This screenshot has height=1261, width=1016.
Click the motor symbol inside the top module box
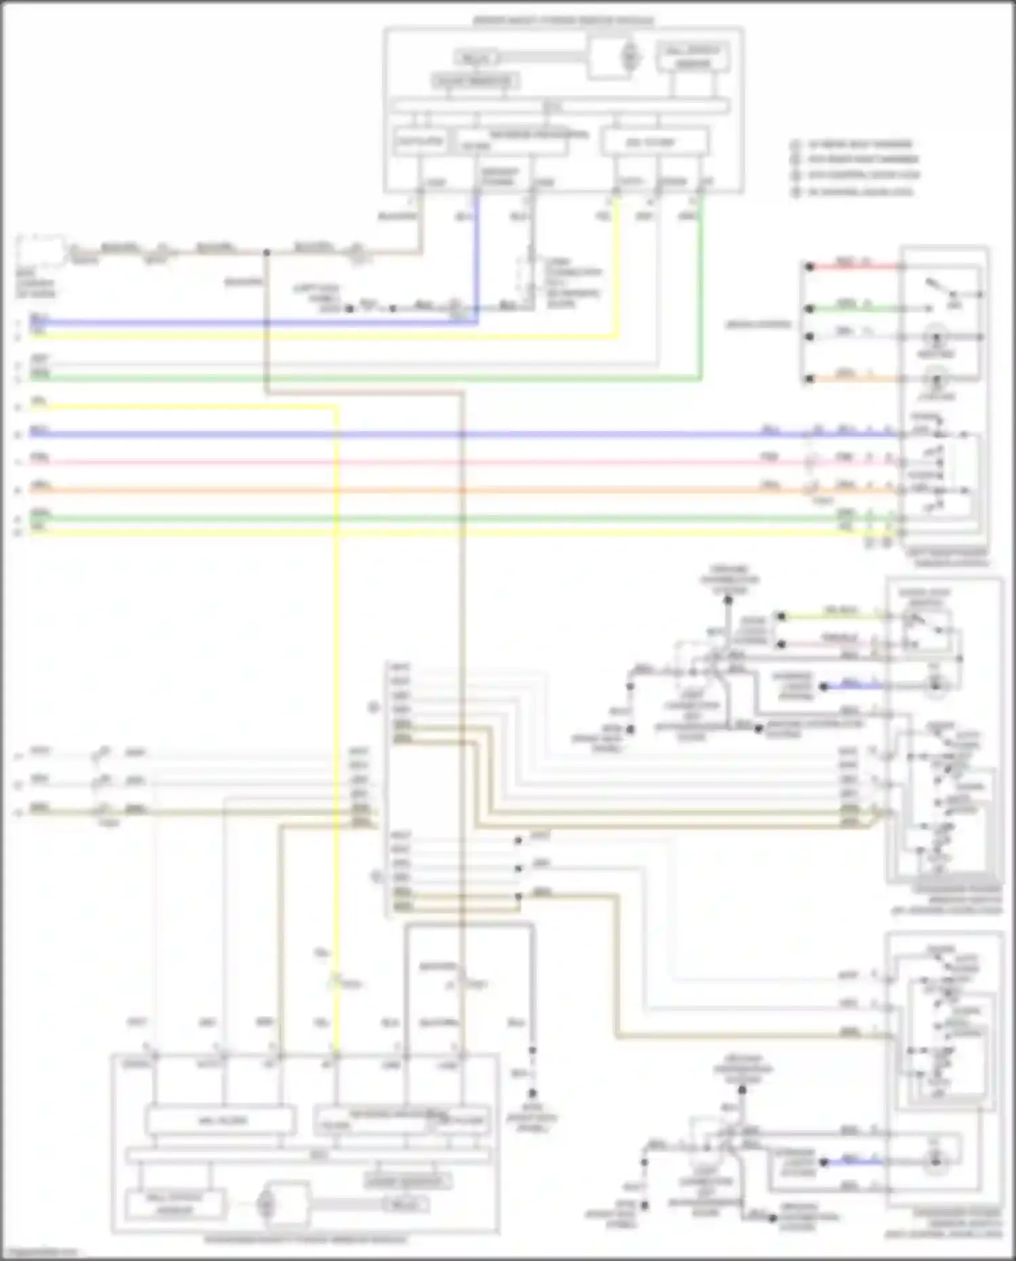tap(629, 56)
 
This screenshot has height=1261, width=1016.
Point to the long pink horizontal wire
tap(406, 463)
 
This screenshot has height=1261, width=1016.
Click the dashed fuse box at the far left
tap(42, 251)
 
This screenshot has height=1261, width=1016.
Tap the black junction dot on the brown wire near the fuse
tap(267, 253)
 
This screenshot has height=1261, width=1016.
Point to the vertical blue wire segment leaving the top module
tap(477, 257)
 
